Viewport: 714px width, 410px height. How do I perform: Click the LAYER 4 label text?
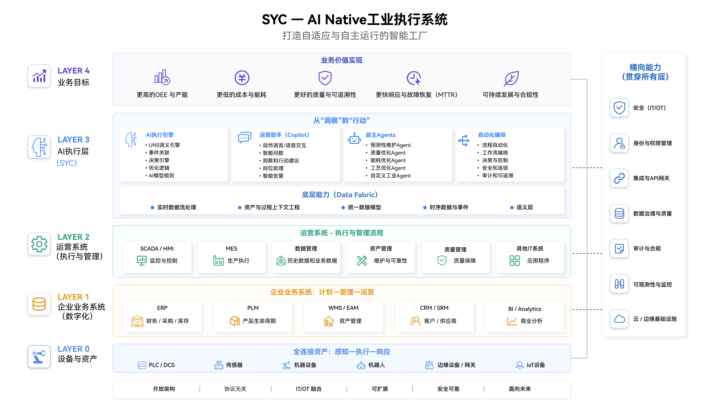tap(73, 71)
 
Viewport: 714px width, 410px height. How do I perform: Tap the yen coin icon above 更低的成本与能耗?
tap(242, 78)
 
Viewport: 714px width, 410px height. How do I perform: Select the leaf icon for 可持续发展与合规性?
tap(511, 78)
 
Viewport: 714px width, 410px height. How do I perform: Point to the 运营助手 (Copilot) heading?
tap(284, 135)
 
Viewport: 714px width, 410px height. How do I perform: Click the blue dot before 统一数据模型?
tap(343, 208)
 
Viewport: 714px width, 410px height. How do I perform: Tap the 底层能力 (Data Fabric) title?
tap(339, 195)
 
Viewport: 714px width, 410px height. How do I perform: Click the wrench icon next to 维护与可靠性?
tap(362, 260)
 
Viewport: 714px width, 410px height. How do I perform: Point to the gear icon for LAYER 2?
tap(39, 244)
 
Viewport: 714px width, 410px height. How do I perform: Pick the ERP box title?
tap(162, 308)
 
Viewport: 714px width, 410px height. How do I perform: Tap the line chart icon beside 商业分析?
tap(512, 321)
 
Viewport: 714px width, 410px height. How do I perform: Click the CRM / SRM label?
tap(434, 308)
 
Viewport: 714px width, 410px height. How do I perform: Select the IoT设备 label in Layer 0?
tap(535, 365)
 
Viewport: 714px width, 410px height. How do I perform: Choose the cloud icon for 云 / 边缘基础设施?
tap(619, 319)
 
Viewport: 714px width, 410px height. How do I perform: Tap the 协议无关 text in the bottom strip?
tap(235, 389)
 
